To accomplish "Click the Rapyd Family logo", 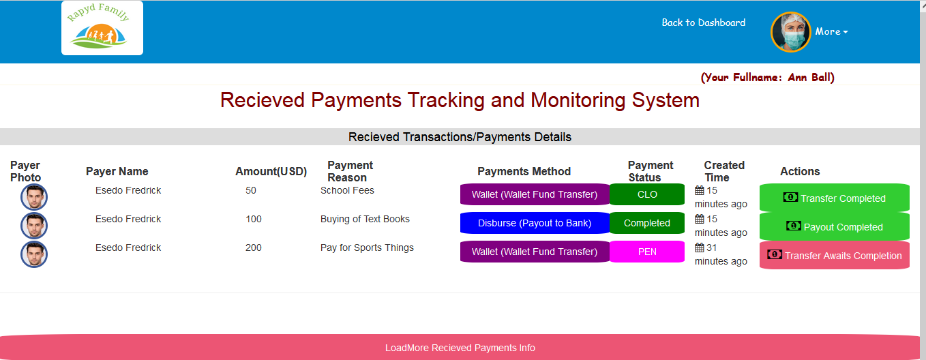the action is coord(102,28).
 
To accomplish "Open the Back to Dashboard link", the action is coord(704,22).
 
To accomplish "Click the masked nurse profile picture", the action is coord(790,32).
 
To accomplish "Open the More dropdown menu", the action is coord(831,32).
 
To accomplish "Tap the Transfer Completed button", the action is coord(834,198).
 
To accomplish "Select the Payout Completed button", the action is coord(834,226).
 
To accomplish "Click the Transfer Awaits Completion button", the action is coord(834,256).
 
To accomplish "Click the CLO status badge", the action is coord(647,194).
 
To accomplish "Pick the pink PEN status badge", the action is coord(647,252).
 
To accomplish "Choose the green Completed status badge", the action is coord(647,223).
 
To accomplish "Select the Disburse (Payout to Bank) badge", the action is coord(535,223).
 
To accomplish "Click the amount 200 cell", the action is coord(254,247).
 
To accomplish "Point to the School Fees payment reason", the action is coord(347,190).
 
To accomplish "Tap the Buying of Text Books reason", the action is coord(365,219).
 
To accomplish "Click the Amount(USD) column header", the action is coord(271,172).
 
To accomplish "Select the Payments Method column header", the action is coord(524,172).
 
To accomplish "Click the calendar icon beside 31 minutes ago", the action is coord(700,247).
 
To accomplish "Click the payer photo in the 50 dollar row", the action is coord(34,197).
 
